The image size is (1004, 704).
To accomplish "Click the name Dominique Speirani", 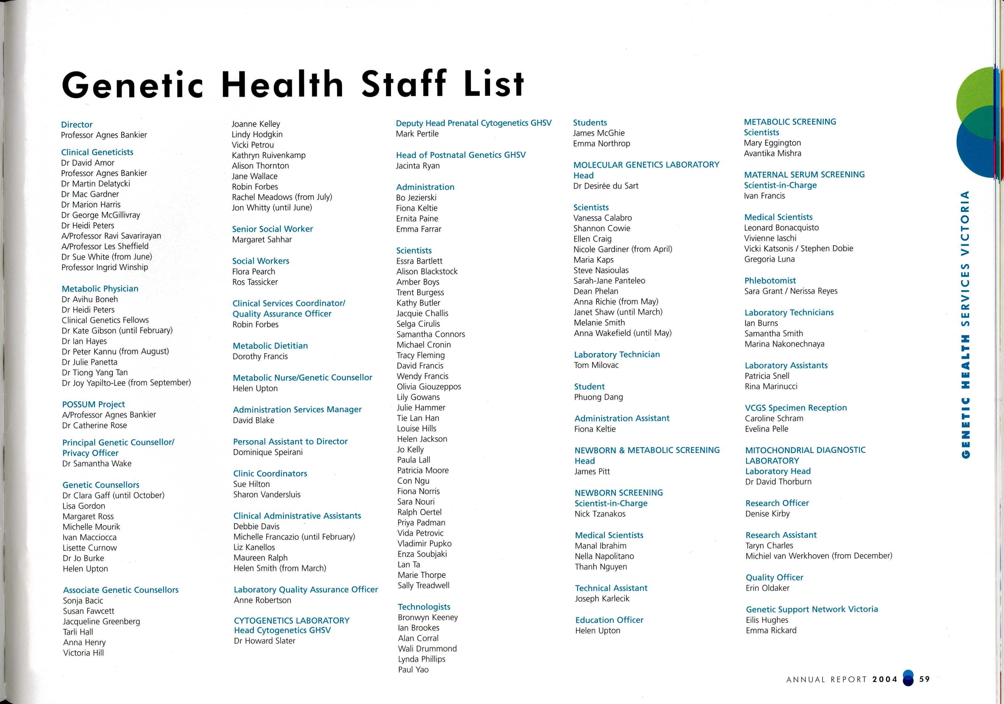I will tap(268, 452).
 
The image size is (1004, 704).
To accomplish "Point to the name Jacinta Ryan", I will tap(418, 166).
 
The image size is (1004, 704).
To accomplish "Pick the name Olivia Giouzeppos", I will tap(428, 387).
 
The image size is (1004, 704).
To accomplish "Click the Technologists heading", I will tap(424, 607).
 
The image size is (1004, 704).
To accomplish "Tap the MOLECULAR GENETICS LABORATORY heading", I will tap(646, 165).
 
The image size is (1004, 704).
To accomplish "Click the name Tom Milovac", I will tap(596, 365).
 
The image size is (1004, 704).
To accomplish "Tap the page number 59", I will tap(924, 679).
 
